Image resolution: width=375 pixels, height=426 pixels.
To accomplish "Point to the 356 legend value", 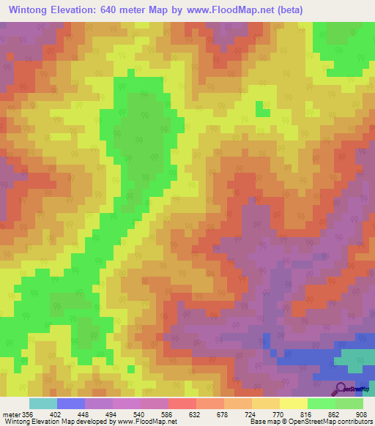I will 27,414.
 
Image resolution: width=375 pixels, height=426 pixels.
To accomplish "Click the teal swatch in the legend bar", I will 42,403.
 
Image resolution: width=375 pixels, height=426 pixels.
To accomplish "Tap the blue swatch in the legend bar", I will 70,403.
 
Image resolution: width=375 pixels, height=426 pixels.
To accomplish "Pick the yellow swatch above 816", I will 293,403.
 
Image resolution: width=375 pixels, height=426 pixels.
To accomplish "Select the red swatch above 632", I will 182,403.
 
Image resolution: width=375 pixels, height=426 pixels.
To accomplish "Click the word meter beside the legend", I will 10,414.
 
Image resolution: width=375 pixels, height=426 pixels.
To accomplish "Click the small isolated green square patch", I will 261,109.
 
